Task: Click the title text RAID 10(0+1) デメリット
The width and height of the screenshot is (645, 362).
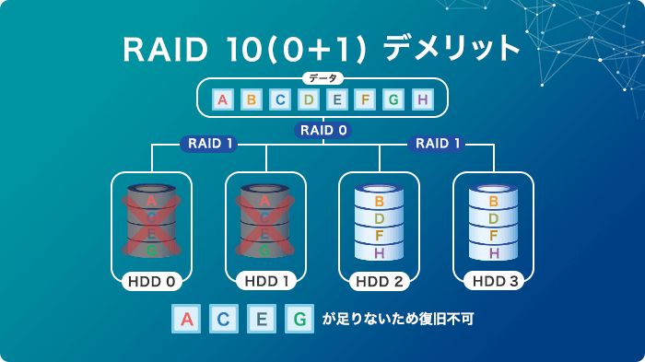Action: coord(322,47)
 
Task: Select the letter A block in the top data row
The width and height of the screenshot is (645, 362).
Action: coord(221,99)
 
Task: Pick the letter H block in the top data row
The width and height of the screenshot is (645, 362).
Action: coord(422,99)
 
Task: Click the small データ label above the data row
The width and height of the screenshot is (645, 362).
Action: coord(322,79)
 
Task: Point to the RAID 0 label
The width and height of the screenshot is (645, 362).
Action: coord(322,131)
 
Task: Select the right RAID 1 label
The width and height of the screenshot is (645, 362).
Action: coord(438,144)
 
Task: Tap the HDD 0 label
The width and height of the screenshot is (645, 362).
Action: coord(151,281)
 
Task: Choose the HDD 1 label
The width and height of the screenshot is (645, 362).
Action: coord(265,281)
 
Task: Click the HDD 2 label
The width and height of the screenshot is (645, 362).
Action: coord(380,281)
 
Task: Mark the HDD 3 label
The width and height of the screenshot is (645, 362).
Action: coord(494,281)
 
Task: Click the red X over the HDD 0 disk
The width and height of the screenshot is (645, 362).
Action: coord(151,224)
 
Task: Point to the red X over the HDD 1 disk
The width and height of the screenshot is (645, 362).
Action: coord(265,224)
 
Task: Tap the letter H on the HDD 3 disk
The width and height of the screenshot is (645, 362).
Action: coord(494,252)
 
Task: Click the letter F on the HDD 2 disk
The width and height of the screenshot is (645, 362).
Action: coord(380,236)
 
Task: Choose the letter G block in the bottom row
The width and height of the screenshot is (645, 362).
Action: coord(299,320)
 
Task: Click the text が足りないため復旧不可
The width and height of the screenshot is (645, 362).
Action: coord(398,321)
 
